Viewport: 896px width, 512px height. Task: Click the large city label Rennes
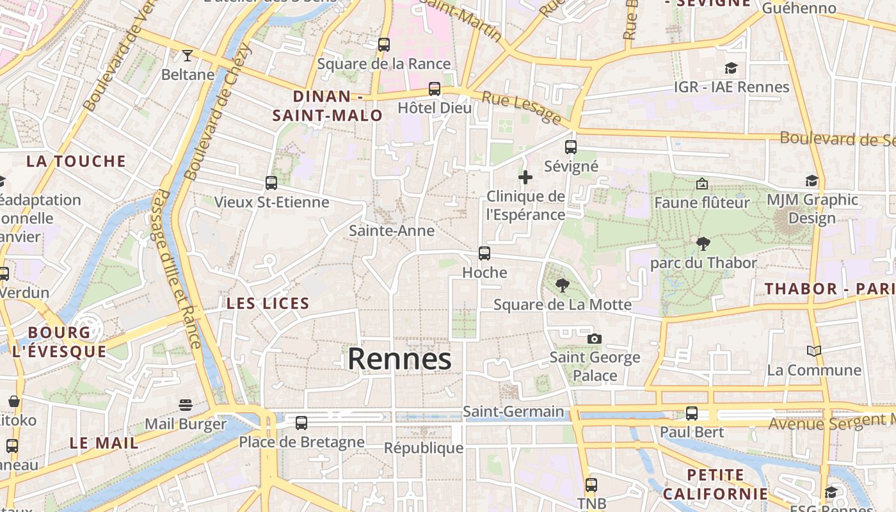point(399,359)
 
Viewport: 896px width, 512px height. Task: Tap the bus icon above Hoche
point(484,253)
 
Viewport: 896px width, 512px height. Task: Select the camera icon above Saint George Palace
point(595,339)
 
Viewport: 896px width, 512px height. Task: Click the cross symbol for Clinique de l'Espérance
point(525,177)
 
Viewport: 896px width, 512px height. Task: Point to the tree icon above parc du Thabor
point(703,243)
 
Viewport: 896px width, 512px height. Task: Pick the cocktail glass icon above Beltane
point(188,55)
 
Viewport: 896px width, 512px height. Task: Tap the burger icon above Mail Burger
point(186,404)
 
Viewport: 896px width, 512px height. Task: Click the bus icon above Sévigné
point(571,147)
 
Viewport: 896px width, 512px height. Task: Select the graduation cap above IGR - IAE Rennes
point(731,68)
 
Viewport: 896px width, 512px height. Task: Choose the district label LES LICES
point(268,303)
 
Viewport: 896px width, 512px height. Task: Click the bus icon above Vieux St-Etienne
point(271,183)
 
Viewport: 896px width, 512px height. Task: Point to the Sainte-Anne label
point(392,231)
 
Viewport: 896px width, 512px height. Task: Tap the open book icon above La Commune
point(814,351)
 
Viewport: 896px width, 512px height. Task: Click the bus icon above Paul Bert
point(692,413)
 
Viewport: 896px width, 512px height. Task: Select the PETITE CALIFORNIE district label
point(715,484)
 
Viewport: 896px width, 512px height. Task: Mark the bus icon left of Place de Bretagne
point(301,423)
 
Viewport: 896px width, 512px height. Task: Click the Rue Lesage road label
point(521,107)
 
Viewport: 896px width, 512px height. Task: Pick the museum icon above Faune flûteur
point(701,184)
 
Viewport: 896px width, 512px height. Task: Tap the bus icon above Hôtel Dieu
point(435,88)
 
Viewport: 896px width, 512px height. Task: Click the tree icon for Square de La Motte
point(563,285)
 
